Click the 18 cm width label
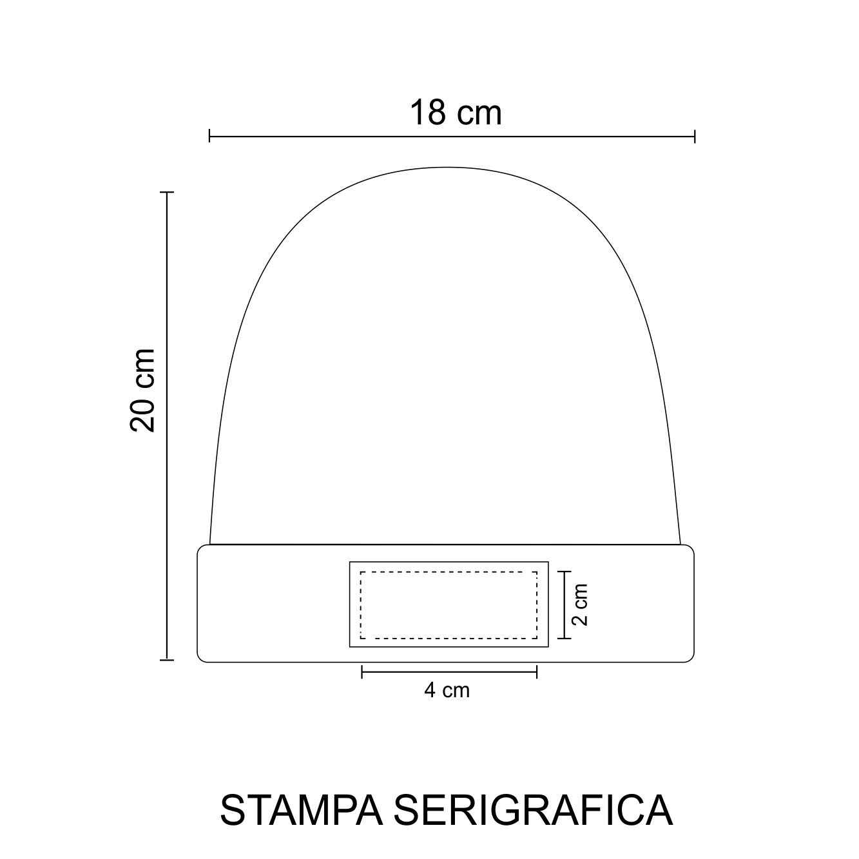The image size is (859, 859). click(x=455, y=113)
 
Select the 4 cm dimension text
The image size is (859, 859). click(x=447, y=690)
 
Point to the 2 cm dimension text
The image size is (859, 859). click(x=581, y=604)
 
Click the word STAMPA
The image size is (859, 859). click(x=302, y=810)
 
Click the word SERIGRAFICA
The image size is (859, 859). click(x=533, y=810)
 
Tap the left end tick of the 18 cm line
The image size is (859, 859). click(x=210, y=136)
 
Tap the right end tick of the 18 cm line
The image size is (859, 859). click(x=695, y=136)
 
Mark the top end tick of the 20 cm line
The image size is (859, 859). click(x=167, y=192)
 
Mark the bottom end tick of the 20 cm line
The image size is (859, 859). click(x=167, y=660)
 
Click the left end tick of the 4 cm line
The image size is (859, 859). click(x=362, y=671)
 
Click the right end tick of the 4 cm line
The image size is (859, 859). click(x=537, y=671)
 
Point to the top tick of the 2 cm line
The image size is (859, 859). click(x=565, y=572)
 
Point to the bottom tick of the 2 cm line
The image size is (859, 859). click(x=565, y=638)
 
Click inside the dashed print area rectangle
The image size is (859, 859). click(x=449, y=604)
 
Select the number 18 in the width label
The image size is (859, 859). click(x=427, y=113)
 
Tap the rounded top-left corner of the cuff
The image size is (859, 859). click(x=200, y=548)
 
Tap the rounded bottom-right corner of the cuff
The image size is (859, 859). click(x=691, y=658)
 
